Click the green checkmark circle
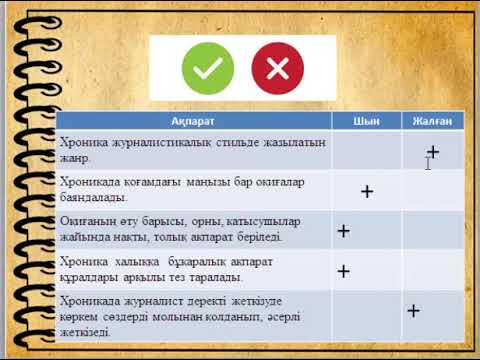coord(207,68)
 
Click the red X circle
coord(277,68)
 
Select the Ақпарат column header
coord(194,121)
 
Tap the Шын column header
coord(367,121)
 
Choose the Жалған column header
coord(433,121)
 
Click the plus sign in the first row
coord(433,151)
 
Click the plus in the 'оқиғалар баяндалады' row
coord(367,190)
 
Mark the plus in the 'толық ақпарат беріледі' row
coord(343,231)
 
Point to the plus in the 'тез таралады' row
coord(343,270)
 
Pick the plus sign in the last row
coord(413,310)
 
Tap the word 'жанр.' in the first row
coord(75,158)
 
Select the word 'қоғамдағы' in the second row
coord(144,182)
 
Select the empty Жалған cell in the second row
coord(433,190)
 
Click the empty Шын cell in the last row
coord(367,312)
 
